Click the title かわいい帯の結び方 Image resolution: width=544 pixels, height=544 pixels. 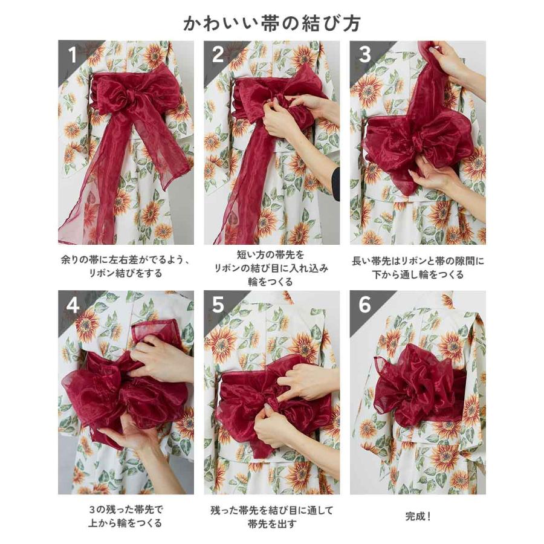[272, 22]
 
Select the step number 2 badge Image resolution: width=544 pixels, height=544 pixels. [218, 56]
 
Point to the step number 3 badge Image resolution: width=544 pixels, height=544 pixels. [364, 55]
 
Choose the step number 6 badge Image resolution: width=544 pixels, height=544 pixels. [364, 305]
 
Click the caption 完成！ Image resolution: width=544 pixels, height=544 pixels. [418, 517]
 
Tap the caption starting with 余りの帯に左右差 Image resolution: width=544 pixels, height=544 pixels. [126, 267]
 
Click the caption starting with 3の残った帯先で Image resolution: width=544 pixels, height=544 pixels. [126, 517]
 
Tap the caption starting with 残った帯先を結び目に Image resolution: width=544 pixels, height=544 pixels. [271, 517]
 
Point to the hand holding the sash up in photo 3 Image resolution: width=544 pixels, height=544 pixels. [450, 61]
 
